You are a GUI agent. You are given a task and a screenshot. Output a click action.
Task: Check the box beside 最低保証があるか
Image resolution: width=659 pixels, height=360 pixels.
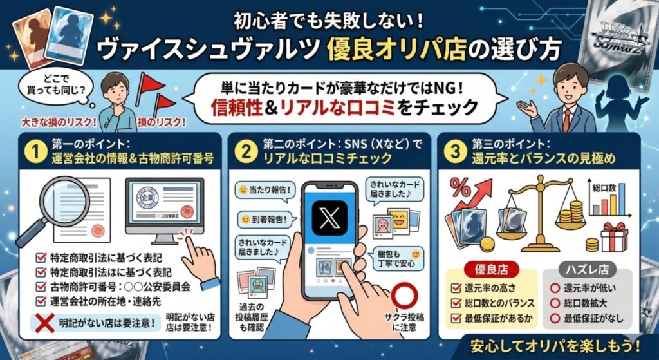[x=458, y=317]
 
